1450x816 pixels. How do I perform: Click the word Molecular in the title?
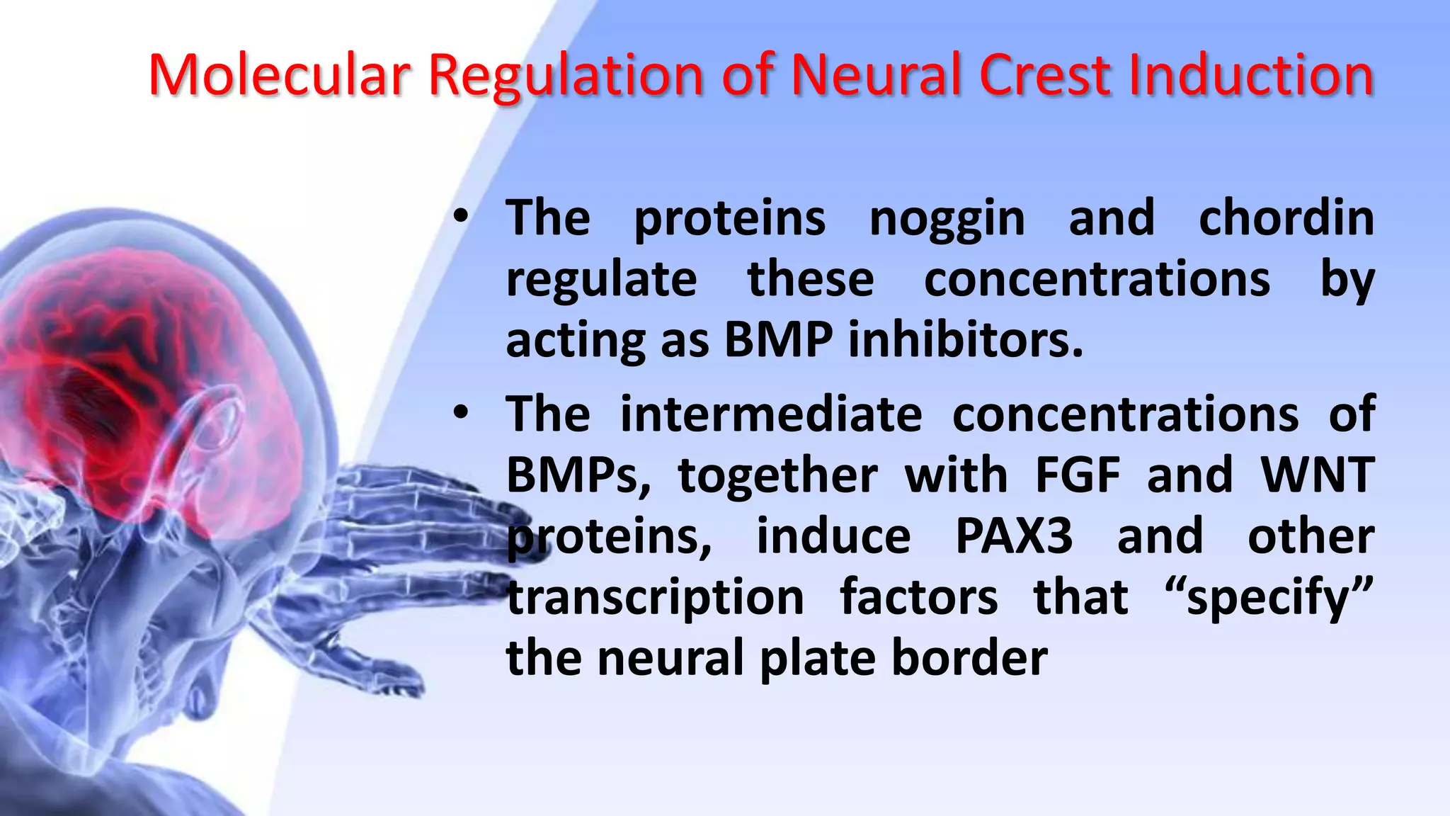(x=279, y=75)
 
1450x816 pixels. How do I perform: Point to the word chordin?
(x=1286, y=217)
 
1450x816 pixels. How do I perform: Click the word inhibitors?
(x=966, y=340)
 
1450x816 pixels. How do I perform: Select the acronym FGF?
(x=1078, y=475)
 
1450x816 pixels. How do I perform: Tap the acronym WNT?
(x=1318, y=475)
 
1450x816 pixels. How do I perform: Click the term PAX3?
(x=1014, y=536)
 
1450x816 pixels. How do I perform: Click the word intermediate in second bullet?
(x=771, y=414)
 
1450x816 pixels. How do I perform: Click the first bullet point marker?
(x=461, y=218)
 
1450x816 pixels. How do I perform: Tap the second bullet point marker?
(x=461, y=414)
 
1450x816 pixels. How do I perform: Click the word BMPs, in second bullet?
(x=578, y=476)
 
